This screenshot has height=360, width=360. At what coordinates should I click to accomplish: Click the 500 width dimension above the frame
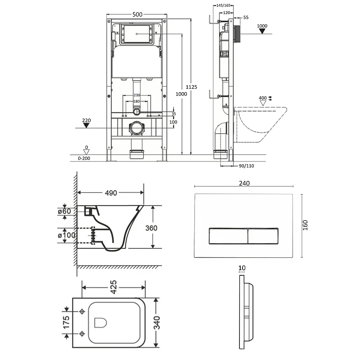point(137,14)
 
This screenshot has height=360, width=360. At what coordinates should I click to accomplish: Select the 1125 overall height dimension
point(191,87)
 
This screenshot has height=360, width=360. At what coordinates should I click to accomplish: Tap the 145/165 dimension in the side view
point(223,5)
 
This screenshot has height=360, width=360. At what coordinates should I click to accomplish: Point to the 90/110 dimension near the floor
point(246,166)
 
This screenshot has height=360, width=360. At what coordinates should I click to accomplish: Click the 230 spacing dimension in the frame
point(137,95)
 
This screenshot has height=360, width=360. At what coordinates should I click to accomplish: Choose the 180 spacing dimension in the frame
point(137,101)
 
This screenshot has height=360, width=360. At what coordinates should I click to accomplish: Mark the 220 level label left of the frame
point(86,120)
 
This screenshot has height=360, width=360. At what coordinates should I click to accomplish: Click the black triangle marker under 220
point(86,126)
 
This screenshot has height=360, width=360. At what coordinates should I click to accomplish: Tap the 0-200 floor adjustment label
point(84,158)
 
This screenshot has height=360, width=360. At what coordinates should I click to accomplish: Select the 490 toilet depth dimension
point(111,193)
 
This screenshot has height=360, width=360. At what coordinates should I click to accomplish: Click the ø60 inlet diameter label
point(64,211)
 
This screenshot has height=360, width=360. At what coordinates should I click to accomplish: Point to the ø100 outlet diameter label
point(67,235)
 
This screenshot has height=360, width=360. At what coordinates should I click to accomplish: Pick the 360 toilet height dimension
point(151,228)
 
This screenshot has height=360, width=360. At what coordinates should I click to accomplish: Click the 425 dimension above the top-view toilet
point(114,287)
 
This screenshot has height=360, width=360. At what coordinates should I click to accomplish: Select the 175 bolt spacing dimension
point(66,322)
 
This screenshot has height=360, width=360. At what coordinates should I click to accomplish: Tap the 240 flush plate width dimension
point(244,183)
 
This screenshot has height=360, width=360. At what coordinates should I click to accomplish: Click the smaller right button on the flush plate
point(263,236)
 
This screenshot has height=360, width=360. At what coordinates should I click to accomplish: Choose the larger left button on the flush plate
point(228,236)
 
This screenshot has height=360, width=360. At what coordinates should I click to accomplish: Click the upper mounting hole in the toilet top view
point(82,311)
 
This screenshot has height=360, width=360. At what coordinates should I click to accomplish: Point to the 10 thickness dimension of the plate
point(242,268)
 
